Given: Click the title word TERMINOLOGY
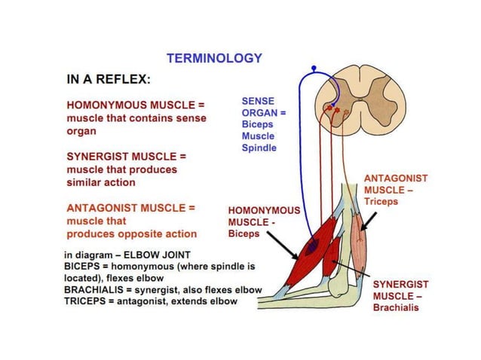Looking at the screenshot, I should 214,58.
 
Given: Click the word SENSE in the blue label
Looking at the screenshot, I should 258,100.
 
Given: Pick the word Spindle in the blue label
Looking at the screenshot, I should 259,148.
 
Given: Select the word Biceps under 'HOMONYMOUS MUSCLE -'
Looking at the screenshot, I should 244,234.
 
